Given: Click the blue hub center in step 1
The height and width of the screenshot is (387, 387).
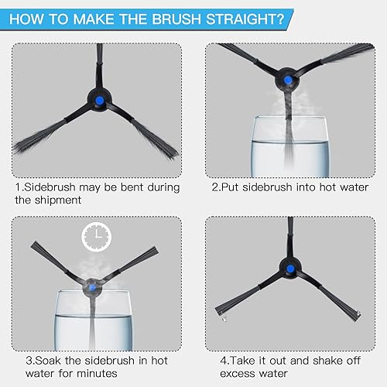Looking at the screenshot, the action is point(99,101).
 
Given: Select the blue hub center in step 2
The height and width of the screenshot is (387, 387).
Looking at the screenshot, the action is point(288,80).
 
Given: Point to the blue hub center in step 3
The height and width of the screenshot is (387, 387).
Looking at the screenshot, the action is point(92,287).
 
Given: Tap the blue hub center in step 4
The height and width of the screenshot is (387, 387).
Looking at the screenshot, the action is point(290,269).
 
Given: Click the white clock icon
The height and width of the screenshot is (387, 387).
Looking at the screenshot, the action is point(97,237).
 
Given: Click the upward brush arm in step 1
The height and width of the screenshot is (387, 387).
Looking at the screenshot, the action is point(99,67).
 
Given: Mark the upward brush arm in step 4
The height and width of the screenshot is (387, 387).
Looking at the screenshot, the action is point(290,238).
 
